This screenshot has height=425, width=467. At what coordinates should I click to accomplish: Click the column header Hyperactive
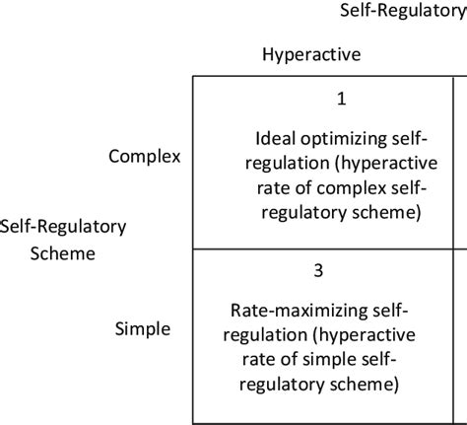311,55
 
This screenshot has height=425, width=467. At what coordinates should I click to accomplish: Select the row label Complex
146,157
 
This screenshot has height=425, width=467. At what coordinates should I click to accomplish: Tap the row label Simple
143,328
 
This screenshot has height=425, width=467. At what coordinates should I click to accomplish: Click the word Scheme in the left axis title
63,252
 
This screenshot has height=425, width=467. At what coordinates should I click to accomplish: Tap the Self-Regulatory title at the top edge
402,11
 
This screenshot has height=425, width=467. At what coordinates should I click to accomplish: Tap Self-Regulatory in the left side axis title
63,227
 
